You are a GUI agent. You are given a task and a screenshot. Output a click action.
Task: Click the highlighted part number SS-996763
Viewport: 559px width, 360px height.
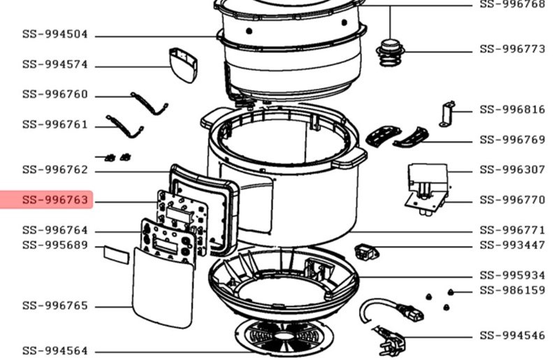[x=55, y=200]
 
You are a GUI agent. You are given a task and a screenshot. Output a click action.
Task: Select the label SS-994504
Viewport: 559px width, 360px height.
[x=55, y=34]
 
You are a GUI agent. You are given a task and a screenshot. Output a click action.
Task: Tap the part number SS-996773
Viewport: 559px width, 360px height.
[x=512, y=49]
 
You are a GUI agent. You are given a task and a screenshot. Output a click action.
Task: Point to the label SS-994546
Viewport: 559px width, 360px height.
[x=512, y=336]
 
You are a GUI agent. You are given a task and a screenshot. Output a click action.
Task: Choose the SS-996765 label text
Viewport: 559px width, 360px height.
[x=55, y=305]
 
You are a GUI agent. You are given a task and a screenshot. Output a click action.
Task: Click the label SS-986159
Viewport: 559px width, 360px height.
[x=512, y=290]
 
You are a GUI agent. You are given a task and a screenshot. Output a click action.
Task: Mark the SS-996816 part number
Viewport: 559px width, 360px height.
[x=512, y=109]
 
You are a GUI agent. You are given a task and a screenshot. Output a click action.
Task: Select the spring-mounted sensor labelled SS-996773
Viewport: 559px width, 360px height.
[x=390, y=53]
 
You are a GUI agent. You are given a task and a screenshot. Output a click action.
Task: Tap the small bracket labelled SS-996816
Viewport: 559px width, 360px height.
[x=447, y=114]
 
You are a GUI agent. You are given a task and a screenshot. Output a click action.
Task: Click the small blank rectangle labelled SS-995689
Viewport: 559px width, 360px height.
[x=116, y=254]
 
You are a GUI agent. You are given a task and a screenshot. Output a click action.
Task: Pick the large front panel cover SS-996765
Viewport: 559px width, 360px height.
[x=164, y=287]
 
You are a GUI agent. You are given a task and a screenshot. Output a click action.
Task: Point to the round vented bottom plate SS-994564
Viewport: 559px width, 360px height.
[x=284, y=337]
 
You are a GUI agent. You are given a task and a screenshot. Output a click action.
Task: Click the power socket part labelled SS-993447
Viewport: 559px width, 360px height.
[x=366, y=251]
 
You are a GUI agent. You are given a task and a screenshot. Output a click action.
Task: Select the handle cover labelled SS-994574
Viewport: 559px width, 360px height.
[x=183, y=64]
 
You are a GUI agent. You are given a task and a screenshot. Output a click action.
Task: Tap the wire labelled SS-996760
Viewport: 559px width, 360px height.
[x=150, y=103]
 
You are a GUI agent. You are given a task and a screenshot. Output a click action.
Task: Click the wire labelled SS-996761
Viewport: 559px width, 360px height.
[x=125, y=127]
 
